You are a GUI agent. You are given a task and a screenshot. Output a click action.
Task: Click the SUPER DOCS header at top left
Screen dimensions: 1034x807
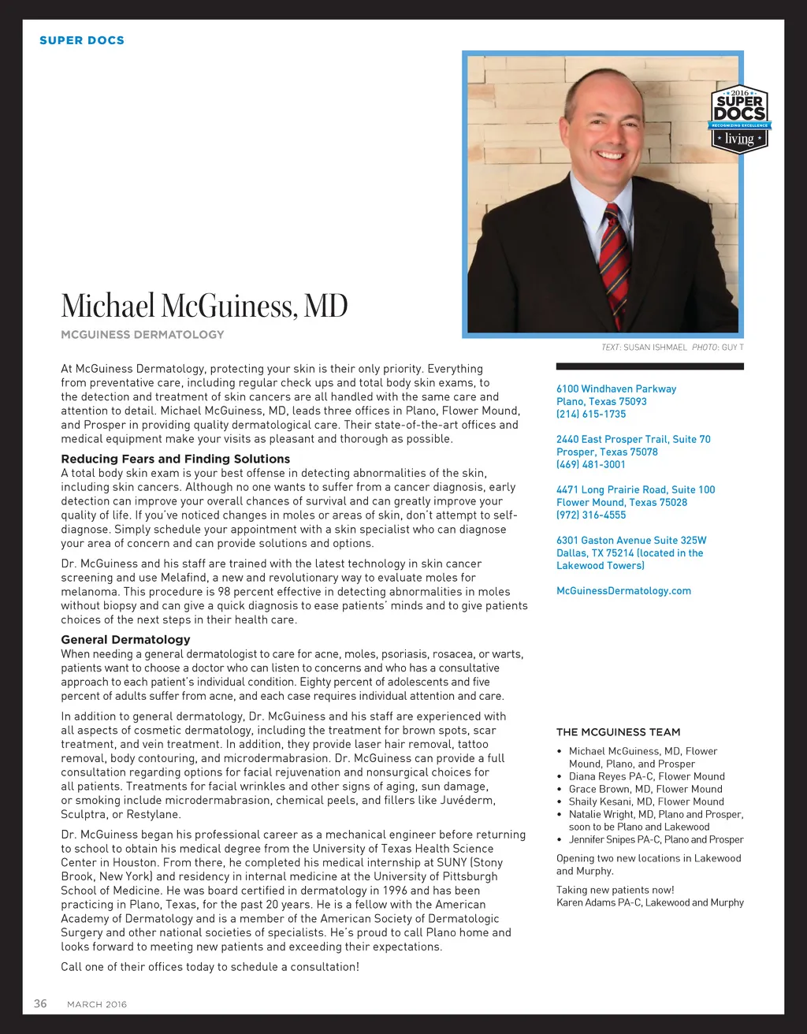point(82,40)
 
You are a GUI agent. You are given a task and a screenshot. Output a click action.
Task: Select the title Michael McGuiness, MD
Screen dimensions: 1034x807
point(204,306)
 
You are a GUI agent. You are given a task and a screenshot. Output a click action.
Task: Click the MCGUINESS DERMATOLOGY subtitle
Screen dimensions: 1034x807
point(143,334)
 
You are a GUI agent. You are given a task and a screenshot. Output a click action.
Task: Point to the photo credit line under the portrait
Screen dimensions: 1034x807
point(672,348)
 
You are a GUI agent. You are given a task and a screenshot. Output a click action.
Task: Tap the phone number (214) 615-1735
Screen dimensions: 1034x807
point(591,414)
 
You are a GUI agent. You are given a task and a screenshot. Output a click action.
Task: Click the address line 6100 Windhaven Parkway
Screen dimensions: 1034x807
point(616,389)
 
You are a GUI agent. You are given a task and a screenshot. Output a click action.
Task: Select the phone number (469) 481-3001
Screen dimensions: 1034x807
point(591,464)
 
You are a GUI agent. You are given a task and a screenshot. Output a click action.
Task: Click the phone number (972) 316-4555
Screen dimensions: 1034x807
point(591,515)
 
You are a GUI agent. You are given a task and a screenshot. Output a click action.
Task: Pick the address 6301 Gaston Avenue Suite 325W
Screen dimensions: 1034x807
point(631,540)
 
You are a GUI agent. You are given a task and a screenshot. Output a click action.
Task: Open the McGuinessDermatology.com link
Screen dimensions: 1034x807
point(623,590)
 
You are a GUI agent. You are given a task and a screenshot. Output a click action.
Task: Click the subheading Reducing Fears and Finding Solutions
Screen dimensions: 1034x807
point(176,459)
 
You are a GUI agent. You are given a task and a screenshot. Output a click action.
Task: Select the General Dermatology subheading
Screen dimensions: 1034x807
point(125,639)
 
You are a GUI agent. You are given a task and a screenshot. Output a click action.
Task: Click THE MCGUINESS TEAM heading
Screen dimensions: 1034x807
point(619,732)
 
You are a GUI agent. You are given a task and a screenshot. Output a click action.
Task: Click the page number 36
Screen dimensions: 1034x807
point(40,1003)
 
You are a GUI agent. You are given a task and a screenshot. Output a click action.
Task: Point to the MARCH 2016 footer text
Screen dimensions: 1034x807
point(97,1004)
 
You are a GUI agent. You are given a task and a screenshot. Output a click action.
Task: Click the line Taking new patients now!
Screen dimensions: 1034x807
point(615,890)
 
